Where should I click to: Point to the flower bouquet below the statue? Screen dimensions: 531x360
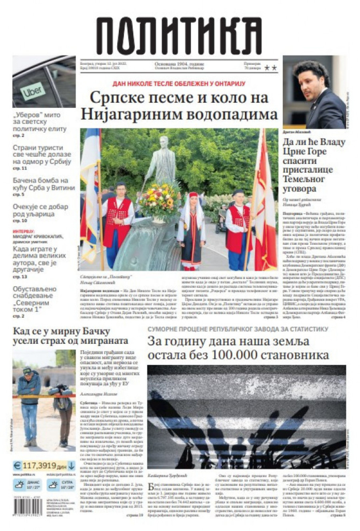coord(160,200)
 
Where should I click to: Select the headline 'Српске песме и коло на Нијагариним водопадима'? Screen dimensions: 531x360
coord(179,106)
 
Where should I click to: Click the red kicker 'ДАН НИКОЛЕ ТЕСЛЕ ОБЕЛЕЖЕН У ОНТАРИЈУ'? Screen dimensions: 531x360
coord(179,84)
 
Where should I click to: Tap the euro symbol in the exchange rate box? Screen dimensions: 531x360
coord(17,465)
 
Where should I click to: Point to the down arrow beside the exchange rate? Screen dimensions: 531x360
coord(71,465)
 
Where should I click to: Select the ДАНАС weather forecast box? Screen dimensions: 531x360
coord(27,485)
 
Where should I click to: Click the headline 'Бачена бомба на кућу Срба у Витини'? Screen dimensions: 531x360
coord(44,184)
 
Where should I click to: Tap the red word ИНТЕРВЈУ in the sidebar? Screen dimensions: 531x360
coord(24,232)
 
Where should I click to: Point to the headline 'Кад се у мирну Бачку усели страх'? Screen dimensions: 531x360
coord(70,336)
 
